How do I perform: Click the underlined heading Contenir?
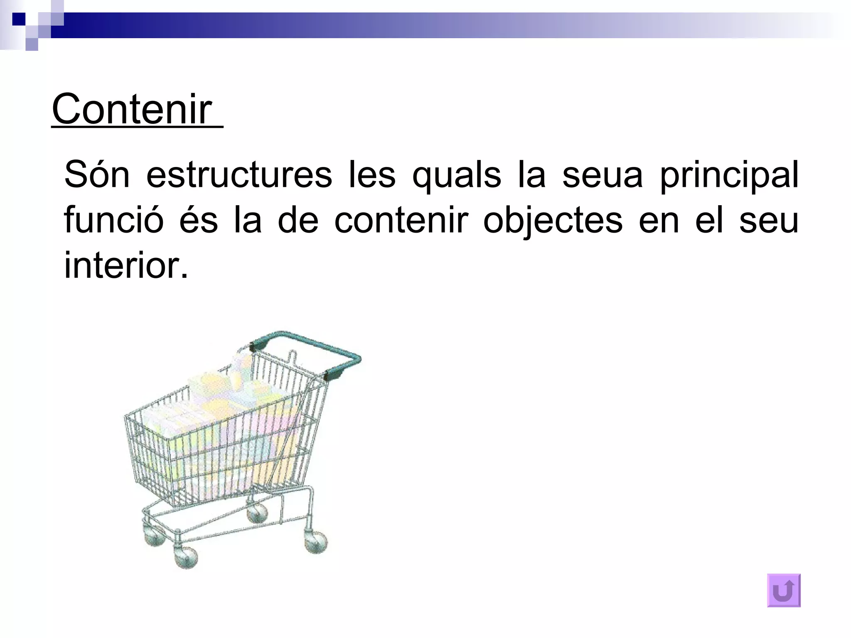tap(132, 109)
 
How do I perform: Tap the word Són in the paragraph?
tap(97, 175)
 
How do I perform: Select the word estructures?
tap(239, 175)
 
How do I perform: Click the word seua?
tap(603, 175)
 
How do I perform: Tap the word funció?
tap(114, 220)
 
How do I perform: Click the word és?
tap(199, 220)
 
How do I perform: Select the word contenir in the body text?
tap(401, 220)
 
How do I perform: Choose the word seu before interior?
tap(769, 220)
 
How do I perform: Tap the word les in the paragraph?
tap(372, 175)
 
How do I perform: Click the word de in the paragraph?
tap(298, 220)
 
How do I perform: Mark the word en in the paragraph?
tap(659, 220)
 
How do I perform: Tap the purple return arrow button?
tap(784, 590)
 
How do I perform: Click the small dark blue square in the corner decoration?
tap(19, 19)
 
